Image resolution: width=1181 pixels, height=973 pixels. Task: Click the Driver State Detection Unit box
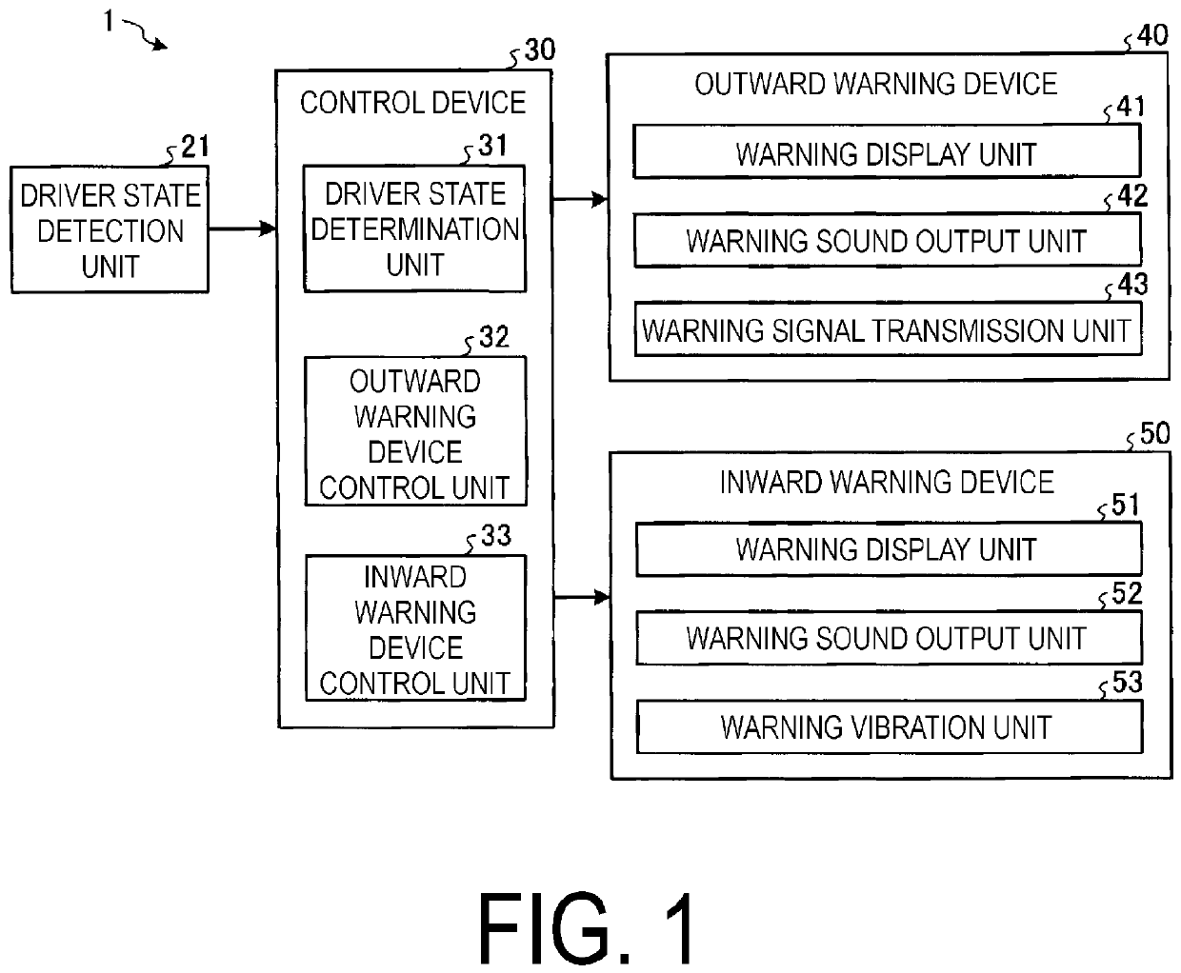pos(110,229)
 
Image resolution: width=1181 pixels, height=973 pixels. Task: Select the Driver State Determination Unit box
pos(414,228)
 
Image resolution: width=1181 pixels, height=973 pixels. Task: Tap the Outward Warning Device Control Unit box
pos(415,431)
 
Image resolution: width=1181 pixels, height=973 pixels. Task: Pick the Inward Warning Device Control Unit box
pos(415,628)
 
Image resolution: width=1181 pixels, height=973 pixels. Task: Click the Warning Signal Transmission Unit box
pos(888,329)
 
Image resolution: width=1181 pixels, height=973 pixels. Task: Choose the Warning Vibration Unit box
pos(890,726)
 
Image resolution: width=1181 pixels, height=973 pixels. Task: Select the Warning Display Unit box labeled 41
pos(887,151)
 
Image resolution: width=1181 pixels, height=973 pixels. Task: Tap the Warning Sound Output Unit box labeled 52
pos(890,638)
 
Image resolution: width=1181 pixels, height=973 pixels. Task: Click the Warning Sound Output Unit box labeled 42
pos(888,240)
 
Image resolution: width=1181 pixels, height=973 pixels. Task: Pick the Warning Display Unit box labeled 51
pos(889,549)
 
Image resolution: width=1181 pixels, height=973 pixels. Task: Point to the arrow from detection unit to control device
pos(242,228)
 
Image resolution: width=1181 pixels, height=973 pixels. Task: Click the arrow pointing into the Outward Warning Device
pos(580,199)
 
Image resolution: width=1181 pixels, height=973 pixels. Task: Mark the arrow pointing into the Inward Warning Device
pos(582,597)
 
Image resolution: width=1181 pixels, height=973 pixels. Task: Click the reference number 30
pos(540,50)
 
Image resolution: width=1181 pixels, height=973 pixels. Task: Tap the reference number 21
pos(195,147)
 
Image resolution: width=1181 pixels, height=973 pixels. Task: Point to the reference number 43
pos(1133,285)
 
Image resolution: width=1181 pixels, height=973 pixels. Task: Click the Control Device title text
pos(413,103)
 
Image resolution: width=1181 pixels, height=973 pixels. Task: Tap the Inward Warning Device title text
pos(887,483)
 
